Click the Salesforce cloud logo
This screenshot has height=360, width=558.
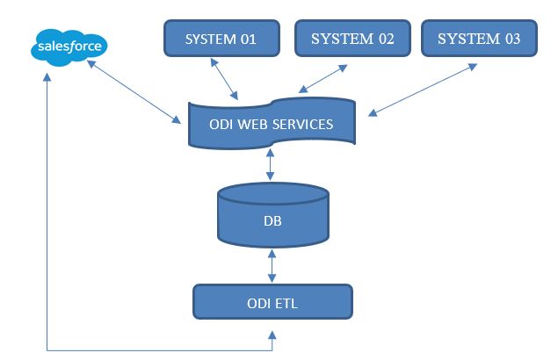pyautogui.click(x=69, y=47)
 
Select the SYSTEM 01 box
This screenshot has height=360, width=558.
pyautogui.click(x=221, y=38)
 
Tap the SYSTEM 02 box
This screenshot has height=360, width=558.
pyautogui.click(x=352, y=38)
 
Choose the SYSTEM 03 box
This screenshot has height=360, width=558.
pyautogui.click(x=479, y=38)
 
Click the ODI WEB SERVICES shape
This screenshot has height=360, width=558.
pyautogui.click(x=272, y=124)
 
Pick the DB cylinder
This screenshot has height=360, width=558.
pyautogui.click(x=273, y=215)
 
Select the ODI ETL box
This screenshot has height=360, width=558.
pyautogui.click(x=272, y=302)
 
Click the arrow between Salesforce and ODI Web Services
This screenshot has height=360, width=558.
pyautogui.click(x=134, y=91)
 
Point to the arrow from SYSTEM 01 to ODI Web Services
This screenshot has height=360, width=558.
pyautogui.click(x=224, y=79)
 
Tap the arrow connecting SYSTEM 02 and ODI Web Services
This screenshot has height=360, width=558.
pyautogui.click(x=322, y=79)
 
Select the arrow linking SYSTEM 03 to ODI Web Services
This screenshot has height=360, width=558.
pyautogui.click(x=423, y=90)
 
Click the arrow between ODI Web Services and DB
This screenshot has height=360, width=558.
pyautogui.click(x=270, y=165)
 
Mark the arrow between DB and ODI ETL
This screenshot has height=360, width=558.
pyautogui.click(x=272, y=266)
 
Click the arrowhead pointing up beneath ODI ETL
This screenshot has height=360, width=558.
pyautogui.click(x=272, y=335)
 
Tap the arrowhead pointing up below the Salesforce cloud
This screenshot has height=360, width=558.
pyautogui.click(x=47, y=77)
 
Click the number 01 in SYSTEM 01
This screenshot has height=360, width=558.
pyautogui.click(x=249, y=40)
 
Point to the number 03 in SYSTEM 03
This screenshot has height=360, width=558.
pyautogui.click(x=512, y=39)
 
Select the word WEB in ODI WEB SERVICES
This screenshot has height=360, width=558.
pyautogui.click(x=252, y=124)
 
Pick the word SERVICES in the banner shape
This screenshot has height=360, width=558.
pyautogui.click(x=303, y=124)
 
